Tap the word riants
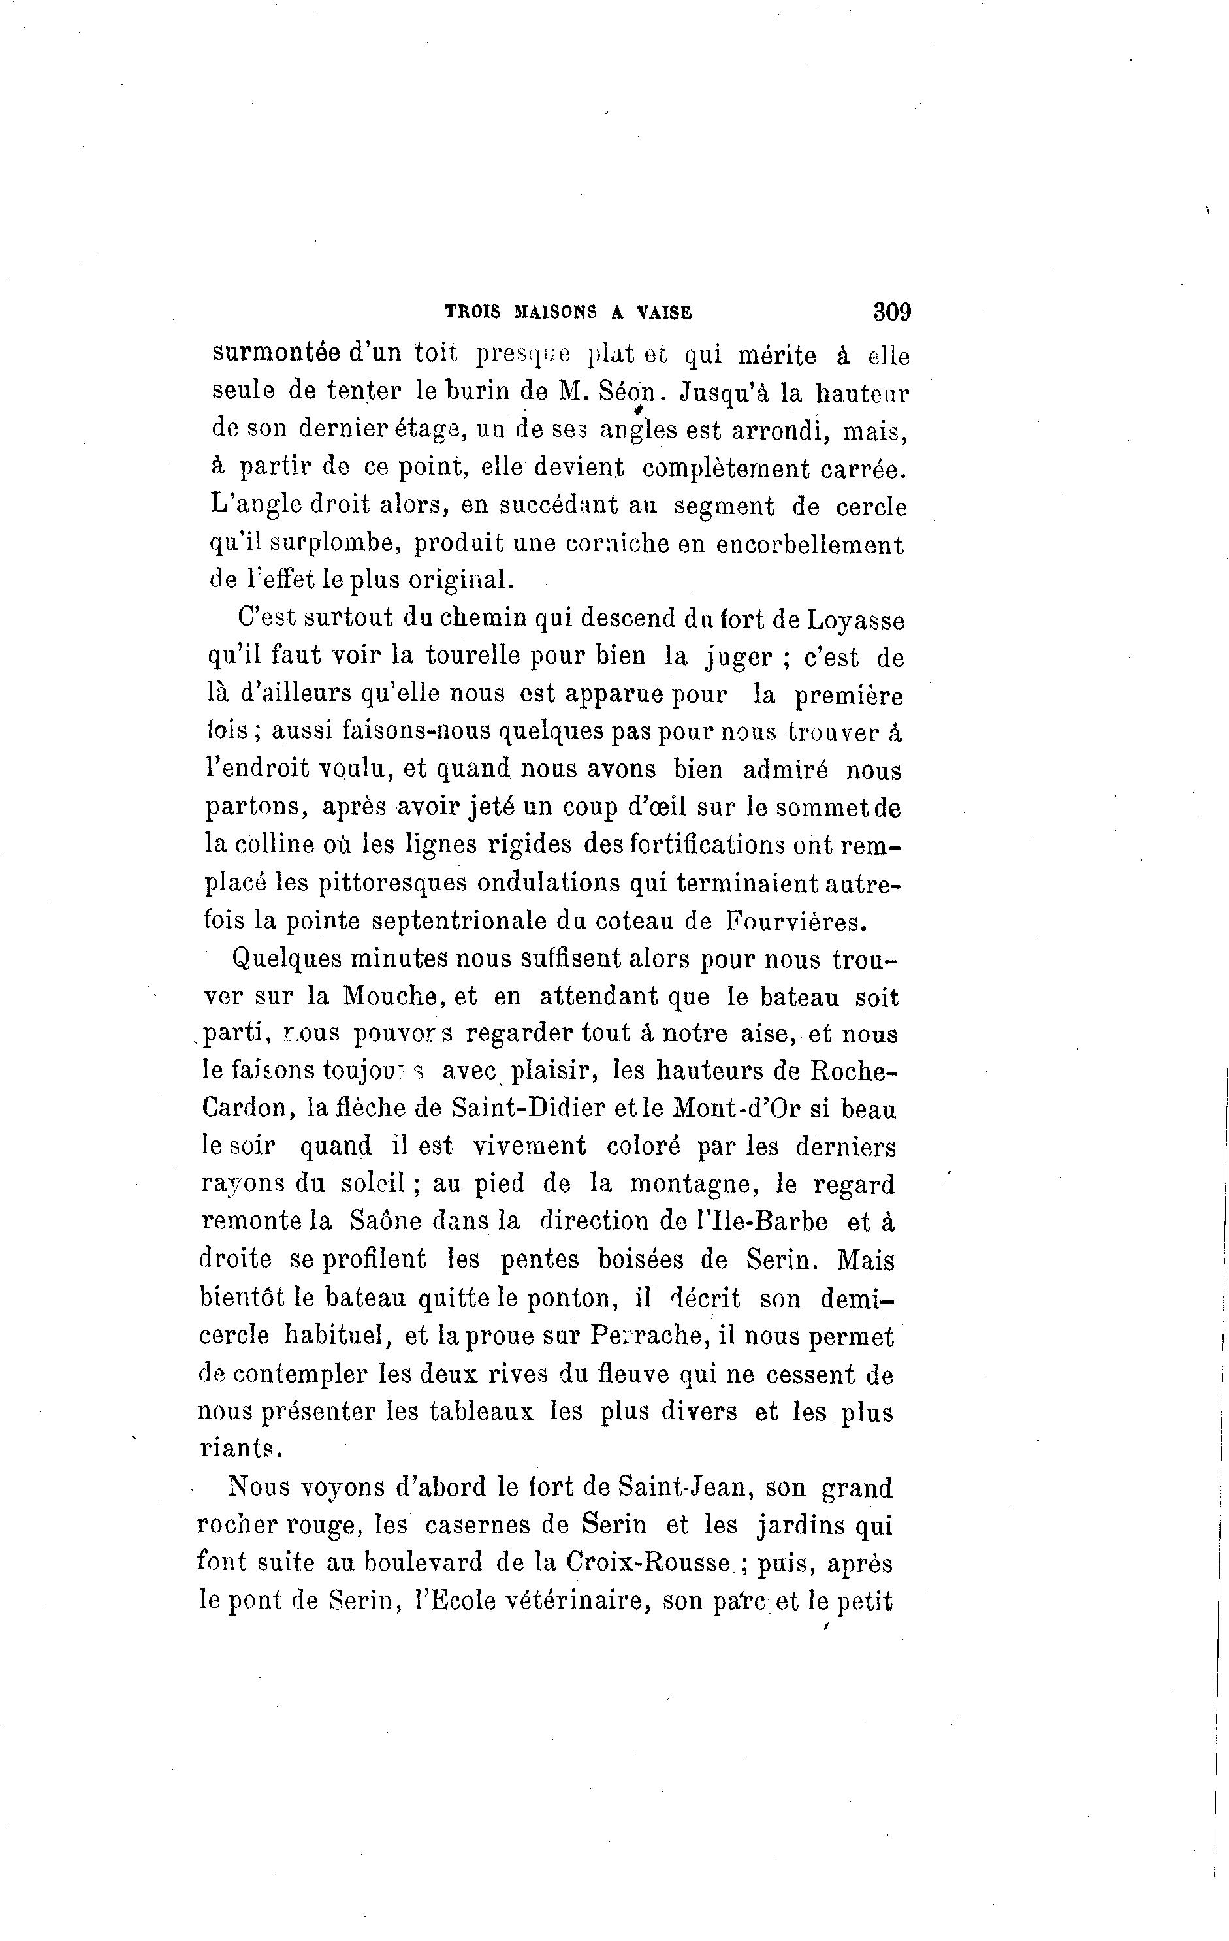[x=240, y=1449]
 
